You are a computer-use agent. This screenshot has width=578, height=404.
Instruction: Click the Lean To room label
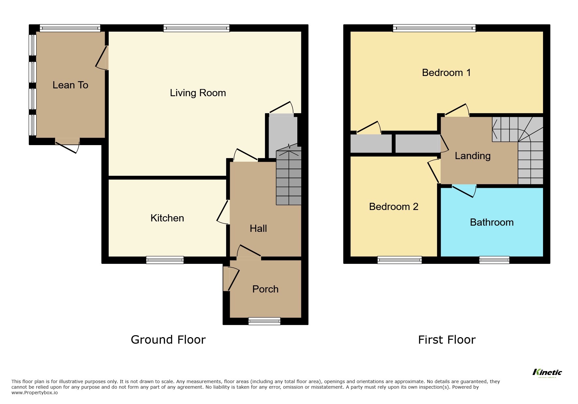coord(70,85)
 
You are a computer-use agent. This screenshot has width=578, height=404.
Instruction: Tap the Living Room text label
coord(198,93)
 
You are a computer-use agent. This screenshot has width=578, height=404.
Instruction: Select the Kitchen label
coord(167,218)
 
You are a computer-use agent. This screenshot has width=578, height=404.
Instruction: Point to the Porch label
coord(265,289)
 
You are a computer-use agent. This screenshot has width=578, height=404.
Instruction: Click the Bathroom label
coord(492,222)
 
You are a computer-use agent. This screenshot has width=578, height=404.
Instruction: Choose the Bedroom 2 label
coord(394,207)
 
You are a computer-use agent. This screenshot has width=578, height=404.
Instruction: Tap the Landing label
coord(473,156)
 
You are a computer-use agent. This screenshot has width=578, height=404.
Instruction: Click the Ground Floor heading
coord(168,340)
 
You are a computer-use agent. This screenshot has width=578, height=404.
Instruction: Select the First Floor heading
coord(447,340)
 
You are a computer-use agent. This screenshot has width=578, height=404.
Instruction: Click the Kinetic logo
coord(547,373)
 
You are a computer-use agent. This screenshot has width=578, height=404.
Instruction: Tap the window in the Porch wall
coord(264,321)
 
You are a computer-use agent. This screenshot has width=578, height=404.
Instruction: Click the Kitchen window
coord(165,260)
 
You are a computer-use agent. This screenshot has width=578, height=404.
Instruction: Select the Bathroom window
coord(494,260)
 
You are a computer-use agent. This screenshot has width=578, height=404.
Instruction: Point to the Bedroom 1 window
coord(434,28)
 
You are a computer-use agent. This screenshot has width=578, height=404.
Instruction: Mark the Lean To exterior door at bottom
coord(68,145)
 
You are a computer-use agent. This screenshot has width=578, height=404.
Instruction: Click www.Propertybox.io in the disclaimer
coord(35,393)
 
